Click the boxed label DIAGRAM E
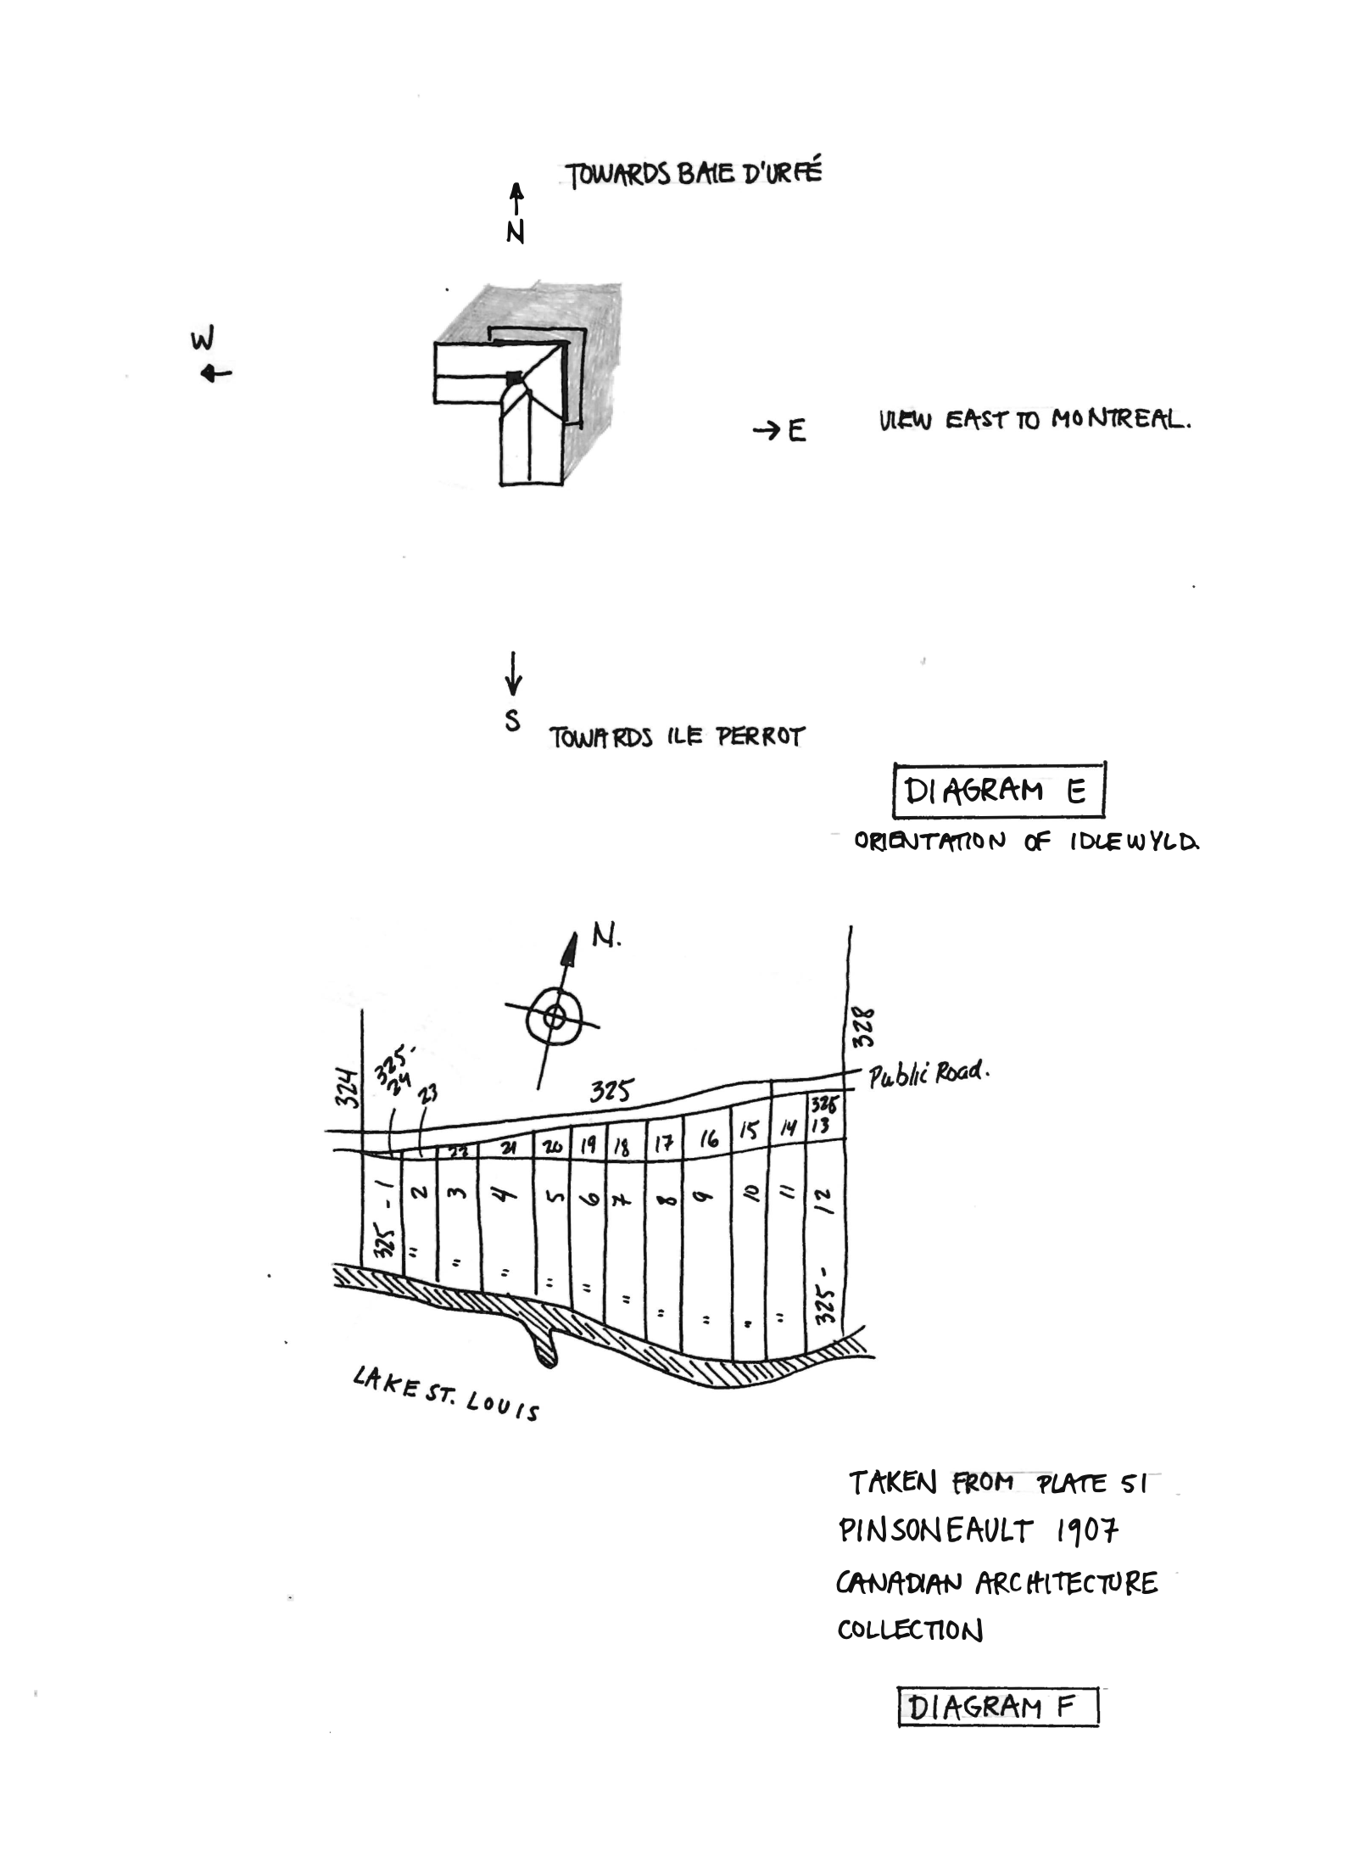click(998, 790)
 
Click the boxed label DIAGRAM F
click(997, 1707)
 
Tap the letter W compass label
click(202, 339)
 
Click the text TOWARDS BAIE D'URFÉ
click(694, 174)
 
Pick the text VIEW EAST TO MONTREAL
click(1034, 419)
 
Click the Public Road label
click(928, 1073)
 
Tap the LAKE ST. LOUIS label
click(446, 1394)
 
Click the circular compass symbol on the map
click(554, 1015)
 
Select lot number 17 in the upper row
click(663, 1146)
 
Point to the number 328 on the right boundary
click(862, 1027)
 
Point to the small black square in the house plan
click(513, 377)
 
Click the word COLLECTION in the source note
click(910, 1630)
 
